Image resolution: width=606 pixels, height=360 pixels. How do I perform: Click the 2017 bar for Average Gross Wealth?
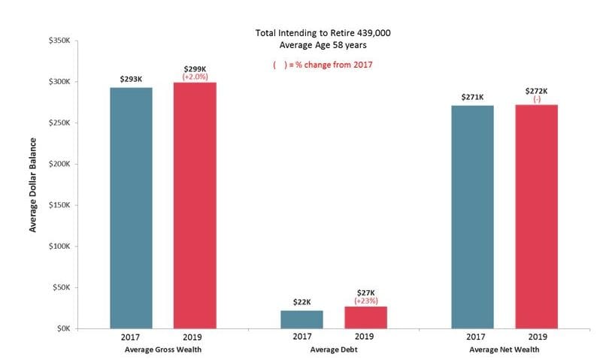coord(131,207)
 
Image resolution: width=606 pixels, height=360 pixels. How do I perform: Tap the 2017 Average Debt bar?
coord(301,319)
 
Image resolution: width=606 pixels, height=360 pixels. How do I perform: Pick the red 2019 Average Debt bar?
coord(365,316)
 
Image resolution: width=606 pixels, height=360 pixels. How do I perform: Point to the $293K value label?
coord(131,79)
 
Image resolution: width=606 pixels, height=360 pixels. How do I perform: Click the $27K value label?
coord(365,292)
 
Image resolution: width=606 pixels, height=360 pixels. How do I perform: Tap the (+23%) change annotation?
coord(365,301)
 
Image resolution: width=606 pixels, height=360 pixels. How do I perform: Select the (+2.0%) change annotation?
coord(195,77)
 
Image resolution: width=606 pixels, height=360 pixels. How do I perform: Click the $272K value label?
coord(536,90)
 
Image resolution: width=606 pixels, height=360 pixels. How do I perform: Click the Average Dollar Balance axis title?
coord(33,184)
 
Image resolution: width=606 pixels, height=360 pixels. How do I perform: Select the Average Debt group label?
coord(333,351)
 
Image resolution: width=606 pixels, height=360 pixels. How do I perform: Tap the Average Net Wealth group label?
coord(504,351)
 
